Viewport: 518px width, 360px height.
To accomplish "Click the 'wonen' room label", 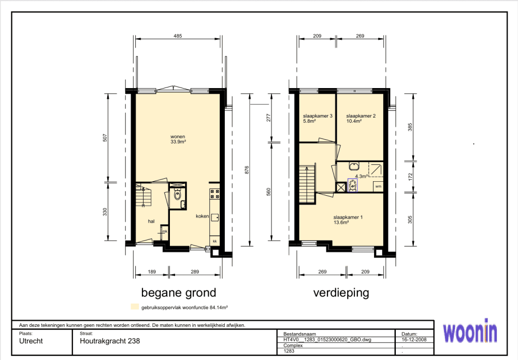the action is pos(178,137).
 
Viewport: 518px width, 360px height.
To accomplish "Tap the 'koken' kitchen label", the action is pos(202,216).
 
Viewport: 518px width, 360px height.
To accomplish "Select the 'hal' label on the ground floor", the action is pos(151,221).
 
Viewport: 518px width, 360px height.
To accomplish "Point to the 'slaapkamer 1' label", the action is pos(348,218).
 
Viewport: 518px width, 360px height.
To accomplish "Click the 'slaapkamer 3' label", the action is pos(318,116).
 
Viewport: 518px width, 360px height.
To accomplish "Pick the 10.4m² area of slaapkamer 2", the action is pos(354,121).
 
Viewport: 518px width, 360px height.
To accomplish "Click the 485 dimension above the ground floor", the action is pos(178,36).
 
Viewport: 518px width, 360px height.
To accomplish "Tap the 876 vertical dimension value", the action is pos(247,170).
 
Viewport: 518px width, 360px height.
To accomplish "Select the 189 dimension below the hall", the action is pos(152,272).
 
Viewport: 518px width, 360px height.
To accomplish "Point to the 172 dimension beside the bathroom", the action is pos(410,177).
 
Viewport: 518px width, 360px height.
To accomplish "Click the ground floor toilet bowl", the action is pos(178,195).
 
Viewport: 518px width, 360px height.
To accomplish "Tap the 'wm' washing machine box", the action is pos(378,186).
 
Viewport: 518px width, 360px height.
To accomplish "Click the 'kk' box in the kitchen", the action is pos(215,241).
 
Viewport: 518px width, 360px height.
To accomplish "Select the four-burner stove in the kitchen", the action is pos(215,194).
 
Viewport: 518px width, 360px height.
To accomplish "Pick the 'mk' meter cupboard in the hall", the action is pos(164,231).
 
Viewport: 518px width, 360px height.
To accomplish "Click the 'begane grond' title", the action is pos(179,293).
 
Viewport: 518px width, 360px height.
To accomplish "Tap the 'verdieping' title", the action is pos(341,293).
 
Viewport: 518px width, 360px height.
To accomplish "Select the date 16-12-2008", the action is pos(414,339).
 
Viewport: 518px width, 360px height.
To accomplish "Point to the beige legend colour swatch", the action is pos(135,307).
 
